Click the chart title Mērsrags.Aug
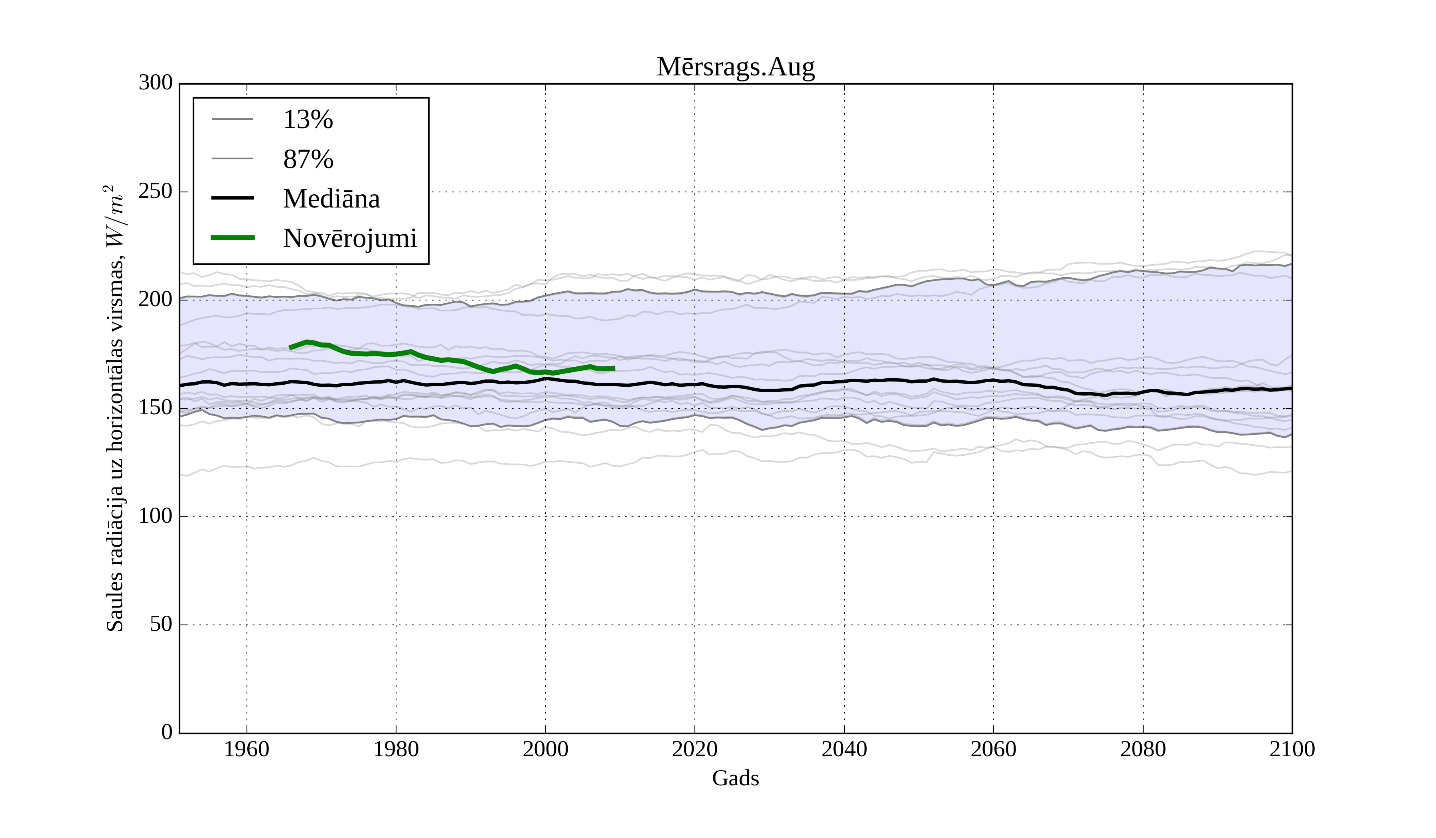click(735, 67)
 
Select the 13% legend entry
click(308, 120)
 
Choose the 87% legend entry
click(308, 159)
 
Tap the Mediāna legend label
click(331, 199)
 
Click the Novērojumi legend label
click(349, 238)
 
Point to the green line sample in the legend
click(233, 238)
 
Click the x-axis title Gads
click(735, 779)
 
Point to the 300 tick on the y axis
click(155, 83)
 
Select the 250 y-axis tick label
click(155, 192)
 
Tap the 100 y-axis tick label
click(155, 516)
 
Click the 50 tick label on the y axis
click(161, 625)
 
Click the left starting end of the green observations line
click(291, 348)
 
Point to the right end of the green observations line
click(614, 368)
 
